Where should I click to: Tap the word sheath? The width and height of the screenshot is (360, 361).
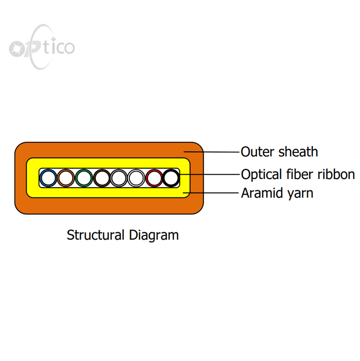coord(298,152)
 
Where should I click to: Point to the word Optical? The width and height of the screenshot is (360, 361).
coord(262,175)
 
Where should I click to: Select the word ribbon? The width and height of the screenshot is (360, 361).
coord(336,174)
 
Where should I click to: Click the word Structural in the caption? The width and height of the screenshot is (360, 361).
coord(96,235)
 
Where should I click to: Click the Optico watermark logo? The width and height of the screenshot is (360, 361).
coord(42,47)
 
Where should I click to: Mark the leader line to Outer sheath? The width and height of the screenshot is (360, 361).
coord(212,152)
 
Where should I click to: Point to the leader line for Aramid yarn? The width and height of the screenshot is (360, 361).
coord(211,193)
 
